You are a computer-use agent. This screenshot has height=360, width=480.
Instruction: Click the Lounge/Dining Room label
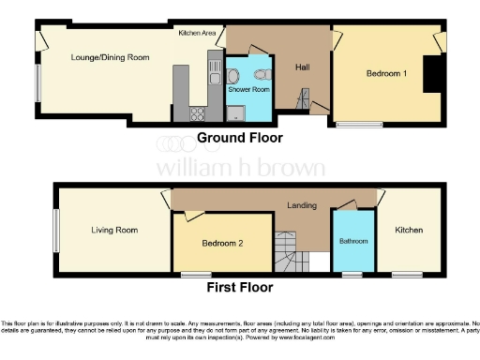pyautogui.click(x=111, y=57)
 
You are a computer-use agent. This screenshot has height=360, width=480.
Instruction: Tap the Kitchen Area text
pyautogui.click(x=198, y=33)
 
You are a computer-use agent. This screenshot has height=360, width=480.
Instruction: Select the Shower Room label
pyautogui.click(x=249, y=90)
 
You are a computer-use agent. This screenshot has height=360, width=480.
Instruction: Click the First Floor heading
pyautogui.click(x=241, y=288)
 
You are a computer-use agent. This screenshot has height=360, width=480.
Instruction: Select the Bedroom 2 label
pyautogui.click(x=223, y=244)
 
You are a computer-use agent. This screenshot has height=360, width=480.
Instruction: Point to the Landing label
pyautogui.click(x=302, y=206)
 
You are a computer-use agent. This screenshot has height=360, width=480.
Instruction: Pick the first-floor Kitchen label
pyautogui.click(x=408, y=230)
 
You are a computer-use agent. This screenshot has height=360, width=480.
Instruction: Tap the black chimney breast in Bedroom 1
pyautogui.click(x=432, y=74)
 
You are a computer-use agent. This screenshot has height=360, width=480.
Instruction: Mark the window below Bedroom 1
pyautogui.click(x=360, y=123)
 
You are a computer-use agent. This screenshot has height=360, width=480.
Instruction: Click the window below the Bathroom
pyautogui.click(x=353, y=274)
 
